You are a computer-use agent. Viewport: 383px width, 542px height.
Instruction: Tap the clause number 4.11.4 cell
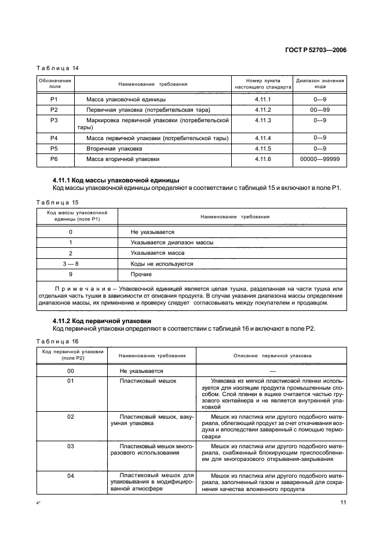(x=262, y=138)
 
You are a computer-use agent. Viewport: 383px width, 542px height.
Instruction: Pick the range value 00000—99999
(x=320, y=158)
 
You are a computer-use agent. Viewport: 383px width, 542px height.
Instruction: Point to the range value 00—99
(x=320, y=109)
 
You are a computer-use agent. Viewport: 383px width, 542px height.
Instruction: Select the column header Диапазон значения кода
(x=320, y=85)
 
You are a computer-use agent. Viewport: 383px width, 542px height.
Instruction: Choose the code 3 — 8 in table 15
(x=70, y=263)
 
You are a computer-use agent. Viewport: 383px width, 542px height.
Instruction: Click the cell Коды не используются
(x=162, y=263)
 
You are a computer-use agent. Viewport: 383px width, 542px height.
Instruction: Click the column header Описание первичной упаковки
(x=272, y=355)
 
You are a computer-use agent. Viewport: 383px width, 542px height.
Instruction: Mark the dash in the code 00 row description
(x=272, y=371)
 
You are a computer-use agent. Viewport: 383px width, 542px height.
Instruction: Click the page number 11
(x=343, y=502)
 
